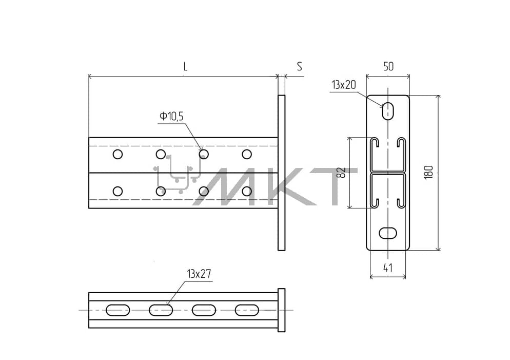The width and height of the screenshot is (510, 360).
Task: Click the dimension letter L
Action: [185, 67]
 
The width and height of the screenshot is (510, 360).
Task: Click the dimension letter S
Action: [299, 66]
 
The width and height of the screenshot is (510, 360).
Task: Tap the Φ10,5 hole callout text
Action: [171, 116]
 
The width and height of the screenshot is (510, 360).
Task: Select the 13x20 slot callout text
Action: [344, 85]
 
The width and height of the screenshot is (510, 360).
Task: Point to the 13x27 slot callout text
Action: [199, 274]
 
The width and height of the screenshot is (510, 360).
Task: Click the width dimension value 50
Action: [388, 66]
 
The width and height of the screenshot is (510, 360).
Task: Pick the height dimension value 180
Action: [429, 172]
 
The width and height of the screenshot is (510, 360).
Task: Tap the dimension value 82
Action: [341, 172]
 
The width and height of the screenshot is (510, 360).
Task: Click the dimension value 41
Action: [388, 268]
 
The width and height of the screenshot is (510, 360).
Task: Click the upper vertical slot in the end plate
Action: [387, 111]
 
